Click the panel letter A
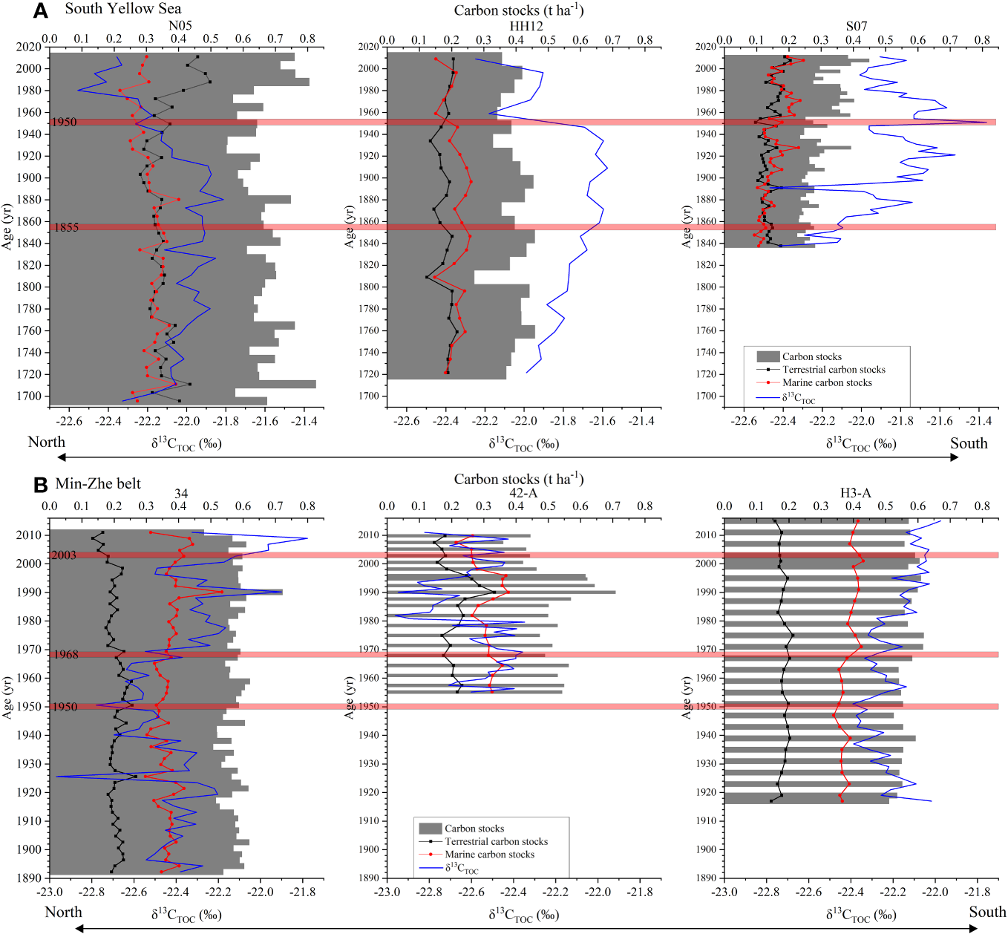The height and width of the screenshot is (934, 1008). tap(40, 10)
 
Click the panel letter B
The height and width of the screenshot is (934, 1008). tap(40, 485)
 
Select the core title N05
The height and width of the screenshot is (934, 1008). tap(180, 25)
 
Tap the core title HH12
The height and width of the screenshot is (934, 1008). tap(526, 25)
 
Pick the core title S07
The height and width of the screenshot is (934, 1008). tap(857, 25)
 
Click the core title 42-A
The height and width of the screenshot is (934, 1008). tap(523, 493)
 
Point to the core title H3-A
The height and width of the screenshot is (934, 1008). tap(855, 493)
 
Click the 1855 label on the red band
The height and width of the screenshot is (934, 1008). tap(65, 227)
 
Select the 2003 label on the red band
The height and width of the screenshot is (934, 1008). tap(63, 555)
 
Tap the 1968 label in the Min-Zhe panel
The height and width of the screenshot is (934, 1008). tap(64, 655)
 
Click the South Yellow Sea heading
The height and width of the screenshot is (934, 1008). tap(122, 9)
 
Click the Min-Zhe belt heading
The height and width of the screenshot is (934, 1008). tap(98, 484)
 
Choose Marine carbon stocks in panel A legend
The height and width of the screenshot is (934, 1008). tap(827, 382)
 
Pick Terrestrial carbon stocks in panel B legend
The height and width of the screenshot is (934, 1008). tap(496, 841)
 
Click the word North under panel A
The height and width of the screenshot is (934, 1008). tap(46, 442)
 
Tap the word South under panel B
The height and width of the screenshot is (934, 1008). tap(986, 912)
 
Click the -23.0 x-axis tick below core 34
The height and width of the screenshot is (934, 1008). tap(50, 892)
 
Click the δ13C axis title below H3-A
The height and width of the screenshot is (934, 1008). tap(861, 916)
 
